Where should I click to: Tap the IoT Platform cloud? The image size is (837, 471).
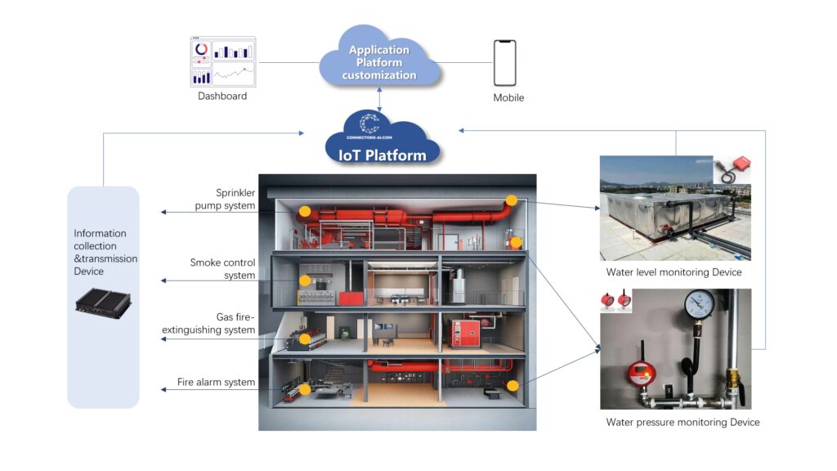[x=382, y=140]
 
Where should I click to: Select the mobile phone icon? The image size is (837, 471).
[x=505, y=63]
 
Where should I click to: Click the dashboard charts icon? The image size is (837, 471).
[x=223, y=62]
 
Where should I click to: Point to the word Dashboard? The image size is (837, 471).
[x=222, y=96]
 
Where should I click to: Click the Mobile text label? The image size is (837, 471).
[x=508, y=98]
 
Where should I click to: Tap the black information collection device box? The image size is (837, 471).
[x=104, y=303]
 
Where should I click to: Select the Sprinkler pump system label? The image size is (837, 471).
[x=225, y=200]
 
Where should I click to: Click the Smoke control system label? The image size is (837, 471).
[x=222, y=269]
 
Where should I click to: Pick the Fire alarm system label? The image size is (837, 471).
[x=216, y=383]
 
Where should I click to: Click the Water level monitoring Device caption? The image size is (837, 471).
[x=674, y=272]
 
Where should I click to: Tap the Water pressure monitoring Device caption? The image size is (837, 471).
[x=683, y=423]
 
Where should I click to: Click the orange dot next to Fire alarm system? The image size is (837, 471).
[x=304, y=390]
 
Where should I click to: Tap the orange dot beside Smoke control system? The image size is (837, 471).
[x=305, y=280]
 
